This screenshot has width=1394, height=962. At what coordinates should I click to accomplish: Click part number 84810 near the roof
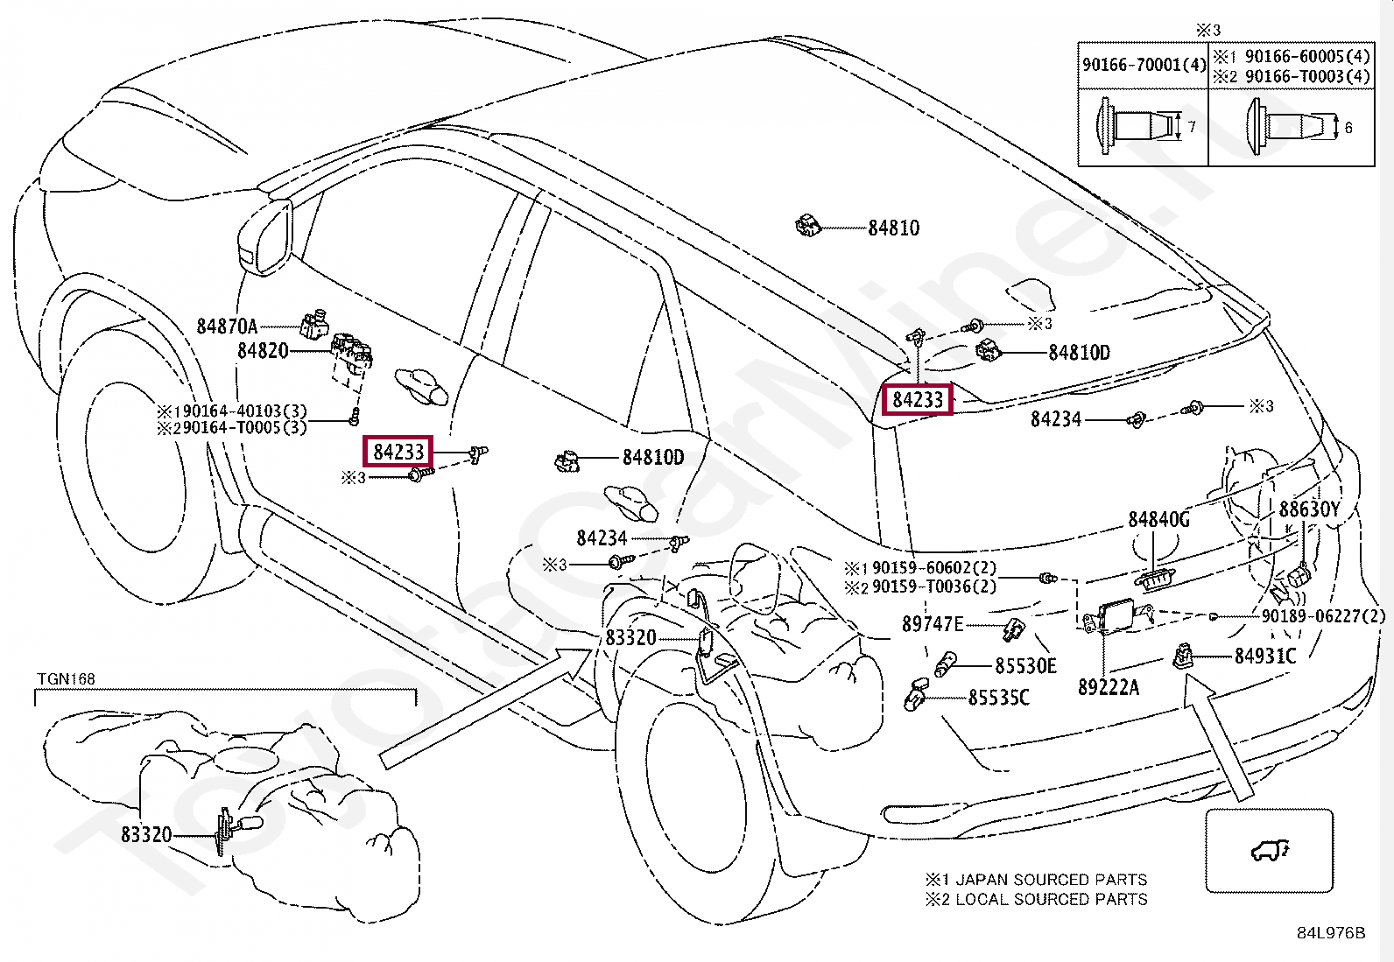point(893,228)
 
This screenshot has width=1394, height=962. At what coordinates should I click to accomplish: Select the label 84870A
point(227,327)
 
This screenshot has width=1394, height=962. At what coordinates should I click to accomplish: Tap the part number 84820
point(263,351)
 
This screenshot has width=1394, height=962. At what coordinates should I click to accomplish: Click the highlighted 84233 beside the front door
point(398,452)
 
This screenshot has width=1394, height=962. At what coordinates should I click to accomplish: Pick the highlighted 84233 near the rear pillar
point(918,400)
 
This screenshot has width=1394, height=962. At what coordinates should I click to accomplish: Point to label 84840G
point(1158,520)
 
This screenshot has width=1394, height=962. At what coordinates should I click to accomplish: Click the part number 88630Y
point(1309,509)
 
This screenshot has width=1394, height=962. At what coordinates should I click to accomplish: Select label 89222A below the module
point(1109,688)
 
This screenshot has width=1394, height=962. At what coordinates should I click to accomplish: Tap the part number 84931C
point(1264,657)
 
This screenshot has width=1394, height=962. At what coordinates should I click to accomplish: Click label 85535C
point(998,699)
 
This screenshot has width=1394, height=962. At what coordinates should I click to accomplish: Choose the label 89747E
point(933,624)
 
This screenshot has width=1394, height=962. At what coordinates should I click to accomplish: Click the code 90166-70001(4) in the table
point(1144,65)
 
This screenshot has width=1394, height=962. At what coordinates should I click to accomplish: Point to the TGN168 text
point(66,679)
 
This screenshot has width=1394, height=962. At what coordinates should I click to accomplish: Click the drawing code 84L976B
point(1330,933)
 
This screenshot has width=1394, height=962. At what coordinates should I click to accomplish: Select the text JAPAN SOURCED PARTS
point(1051,880)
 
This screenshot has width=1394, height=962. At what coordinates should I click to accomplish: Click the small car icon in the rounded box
point(1270,850)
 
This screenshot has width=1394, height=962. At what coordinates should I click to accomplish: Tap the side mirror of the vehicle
point(265,237)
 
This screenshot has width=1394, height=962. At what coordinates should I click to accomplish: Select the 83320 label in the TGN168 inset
point(146,835)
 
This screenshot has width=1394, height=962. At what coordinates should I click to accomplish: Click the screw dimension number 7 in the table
point(1192,128)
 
